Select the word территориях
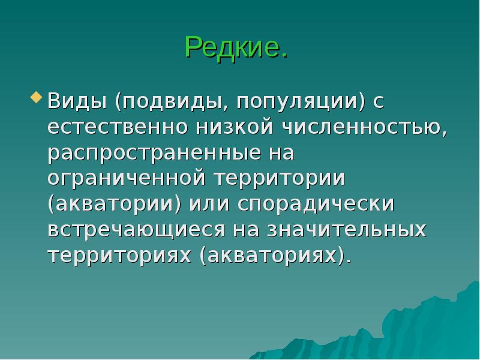point(120,256)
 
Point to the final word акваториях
point(274,256)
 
